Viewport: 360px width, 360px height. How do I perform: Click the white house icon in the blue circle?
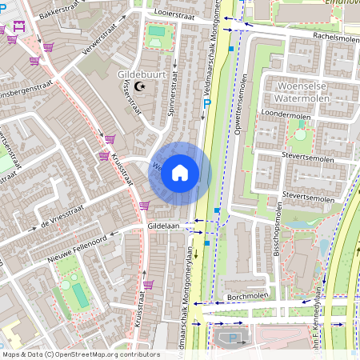point(180,172)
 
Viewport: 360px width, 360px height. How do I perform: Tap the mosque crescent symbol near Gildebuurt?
point(142,86)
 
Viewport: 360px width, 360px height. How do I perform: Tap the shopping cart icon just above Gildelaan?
point(143,206)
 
